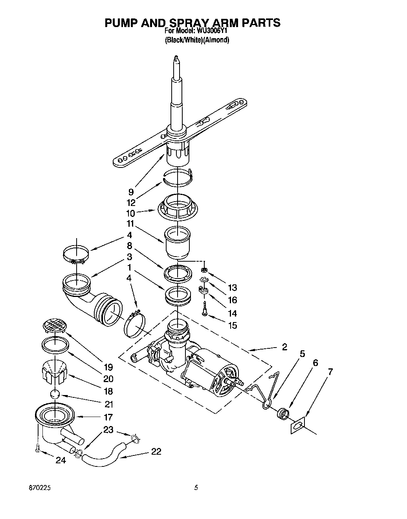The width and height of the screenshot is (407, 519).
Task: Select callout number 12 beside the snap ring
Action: click(x=131, y=203)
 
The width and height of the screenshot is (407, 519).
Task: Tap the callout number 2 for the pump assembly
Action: click(x=284, y=347)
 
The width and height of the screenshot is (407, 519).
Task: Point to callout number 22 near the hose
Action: click(x=156, y=452)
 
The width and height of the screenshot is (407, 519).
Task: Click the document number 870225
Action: click(x=39, y=488)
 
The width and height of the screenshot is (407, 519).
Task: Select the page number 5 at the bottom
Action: click(x=195, y=488)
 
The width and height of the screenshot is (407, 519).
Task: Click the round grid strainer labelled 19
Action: click(x=54, y=325)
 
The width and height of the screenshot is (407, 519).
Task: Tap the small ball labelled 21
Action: click(x=56, y=394)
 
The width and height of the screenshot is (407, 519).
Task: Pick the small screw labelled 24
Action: click(x=38, y=448)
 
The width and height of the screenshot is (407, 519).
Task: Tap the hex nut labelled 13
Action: click(x=204, y=270)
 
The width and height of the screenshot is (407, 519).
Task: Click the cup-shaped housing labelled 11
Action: click(x=178, y=240)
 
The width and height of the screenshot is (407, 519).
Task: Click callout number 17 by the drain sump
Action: click(x=108, y=417)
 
